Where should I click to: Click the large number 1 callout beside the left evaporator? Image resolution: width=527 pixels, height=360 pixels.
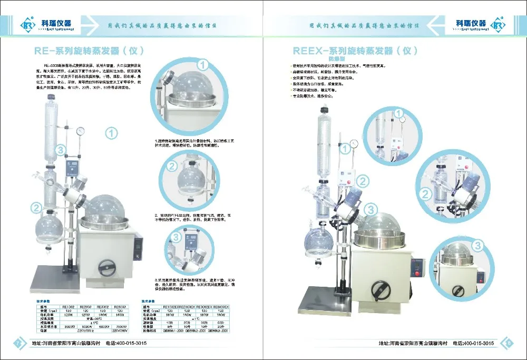tap(111, 133)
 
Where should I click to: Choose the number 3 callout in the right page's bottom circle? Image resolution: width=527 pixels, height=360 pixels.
tap(477, 246)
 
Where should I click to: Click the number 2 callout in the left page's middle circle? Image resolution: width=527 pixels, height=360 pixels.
tap(172, 167)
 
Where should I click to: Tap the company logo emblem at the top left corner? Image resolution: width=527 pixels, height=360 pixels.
tap(26, 25)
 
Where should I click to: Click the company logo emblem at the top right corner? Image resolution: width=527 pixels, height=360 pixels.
tap(499, 25)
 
